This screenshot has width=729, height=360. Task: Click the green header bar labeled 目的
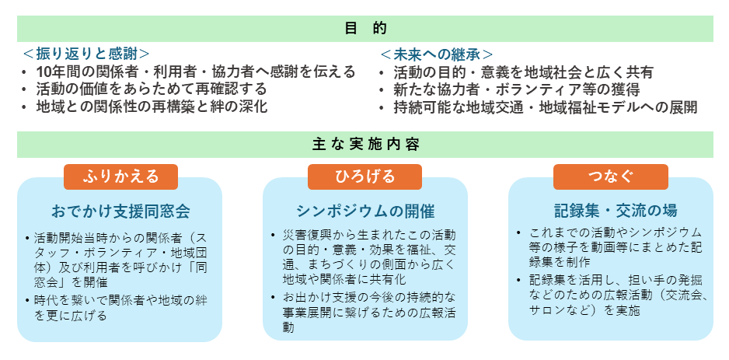pos(365,29)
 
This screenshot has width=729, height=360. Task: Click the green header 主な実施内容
pos(365,145)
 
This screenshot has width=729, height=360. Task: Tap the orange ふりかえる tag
pos(121,177)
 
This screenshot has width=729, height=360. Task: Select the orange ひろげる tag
pos(365,177)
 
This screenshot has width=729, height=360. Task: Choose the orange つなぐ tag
pos(610,177)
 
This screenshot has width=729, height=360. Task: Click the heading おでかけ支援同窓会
pos(121,211)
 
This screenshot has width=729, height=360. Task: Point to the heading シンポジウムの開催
pos(365,211)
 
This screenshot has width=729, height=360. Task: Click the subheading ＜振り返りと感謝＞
pos(86,54)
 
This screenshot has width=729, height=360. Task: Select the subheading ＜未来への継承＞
pos(437,54)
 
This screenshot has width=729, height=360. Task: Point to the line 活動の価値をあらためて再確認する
pos(152,89)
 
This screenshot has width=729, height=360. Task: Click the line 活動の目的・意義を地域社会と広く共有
pos(524,72)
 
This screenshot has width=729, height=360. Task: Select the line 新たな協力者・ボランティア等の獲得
pos(517,89)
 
